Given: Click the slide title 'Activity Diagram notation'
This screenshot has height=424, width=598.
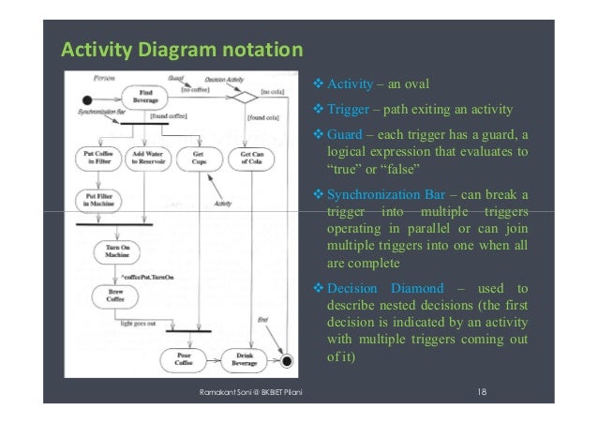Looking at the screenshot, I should [182, 48].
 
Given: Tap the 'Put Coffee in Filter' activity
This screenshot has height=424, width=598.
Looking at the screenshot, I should [95, 158].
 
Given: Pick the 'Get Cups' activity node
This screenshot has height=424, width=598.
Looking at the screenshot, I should [198, 158].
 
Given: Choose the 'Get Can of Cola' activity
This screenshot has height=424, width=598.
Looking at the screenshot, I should [248, 158].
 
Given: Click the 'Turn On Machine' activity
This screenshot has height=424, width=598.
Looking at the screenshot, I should [116, 252].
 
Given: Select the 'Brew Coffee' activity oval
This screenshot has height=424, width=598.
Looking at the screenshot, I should [116, 297].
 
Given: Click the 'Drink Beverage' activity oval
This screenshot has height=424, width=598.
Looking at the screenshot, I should [246, 359].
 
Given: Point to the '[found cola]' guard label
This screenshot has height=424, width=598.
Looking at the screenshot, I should [262, 118].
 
